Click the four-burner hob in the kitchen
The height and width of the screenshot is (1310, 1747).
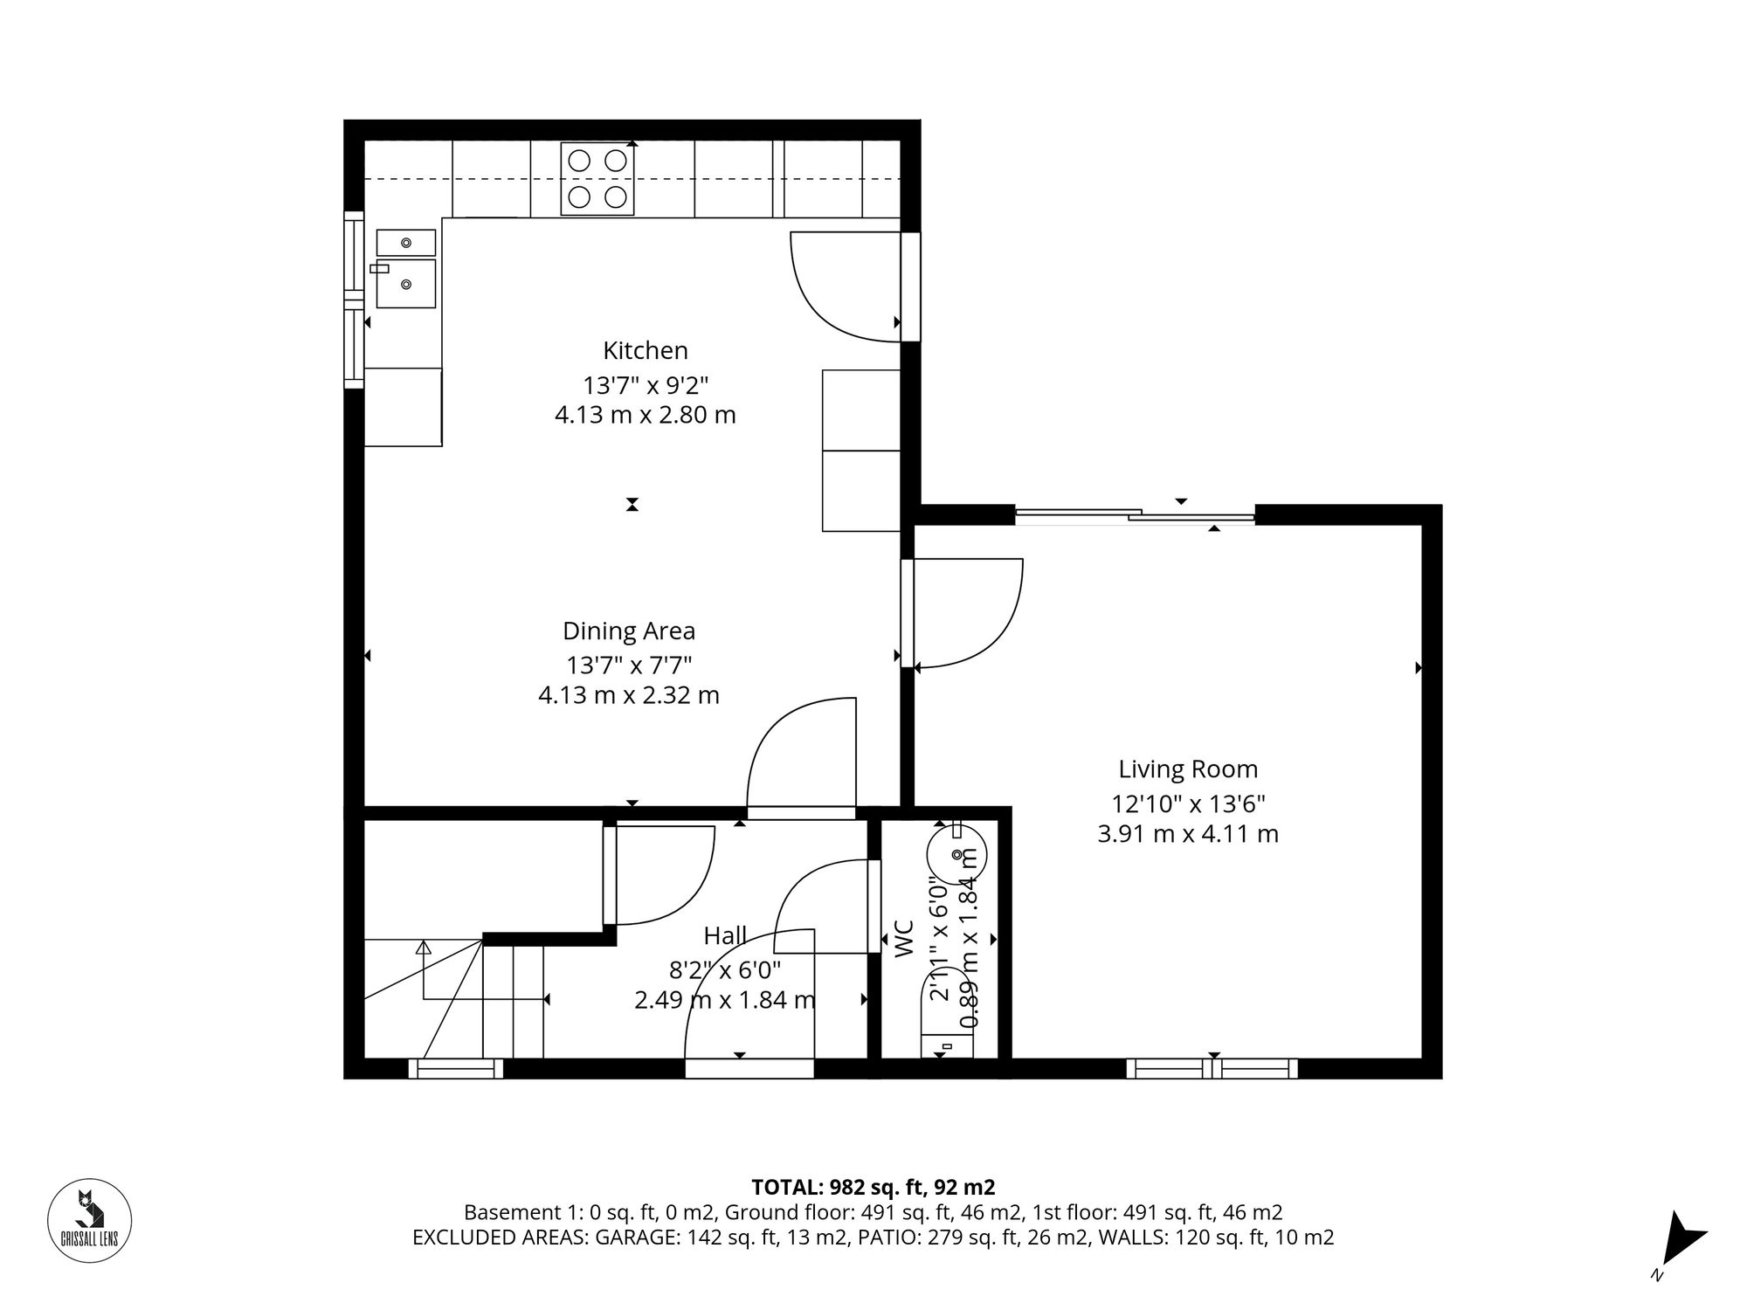[x=597, y=179]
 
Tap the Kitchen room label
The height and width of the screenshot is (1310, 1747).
[x=646, y=350]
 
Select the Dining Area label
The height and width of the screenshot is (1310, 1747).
[x=629, y=631]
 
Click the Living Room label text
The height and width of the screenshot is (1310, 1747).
[x=1188, y=769]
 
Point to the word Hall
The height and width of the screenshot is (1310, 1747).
[x=725, y=936]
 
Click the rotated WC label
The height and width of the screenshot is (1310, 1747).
[x=904, y=939]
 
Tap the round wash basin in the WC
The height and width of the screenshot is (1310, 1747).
[x=956, y=851]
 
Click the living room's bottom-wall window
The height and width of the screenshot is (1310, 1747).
[x=1212, y=1068]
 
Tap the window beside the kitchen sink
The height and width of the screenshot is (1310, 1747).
[x=354, y=299]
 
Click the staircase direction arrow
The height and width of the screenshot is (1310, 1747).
[x=424, y=946]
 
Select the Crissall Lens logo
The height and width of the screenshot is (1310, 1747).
[x=89, y=1220]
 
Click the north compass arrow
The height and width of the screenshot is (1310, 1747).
[x=1681, y=1238]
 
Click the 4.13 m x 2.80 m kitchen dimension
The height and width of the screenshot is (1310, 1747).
[x=646, y=415]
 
